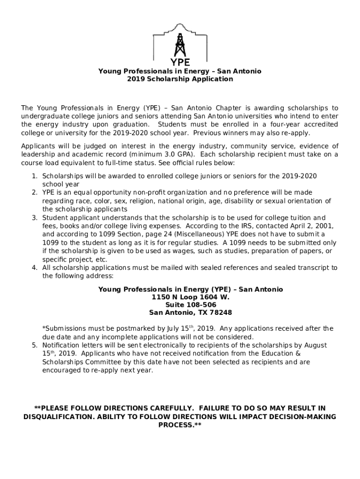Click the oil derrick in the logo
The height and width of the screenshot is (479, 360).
pyautogui.click(x=180, y=44)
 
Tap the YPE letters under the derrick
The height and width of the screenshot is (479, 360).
pyautogui.click(x=180, y=62)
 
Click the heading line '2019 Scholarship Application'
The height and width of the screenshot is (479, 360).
pyautogui.click(x=180, y=79)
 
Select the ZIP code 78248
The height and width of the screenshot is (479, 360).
pyautogui.click(x=221, y=312)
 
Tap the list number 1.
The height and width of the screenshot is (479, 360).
pyautogui.click(x=34, y=176)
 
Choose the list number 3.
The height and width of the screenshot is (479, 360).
pyautogui.click(x=34, y=218)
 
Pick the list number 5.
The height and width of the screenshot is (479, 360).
pyautogui.click(x=34, y=345)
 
